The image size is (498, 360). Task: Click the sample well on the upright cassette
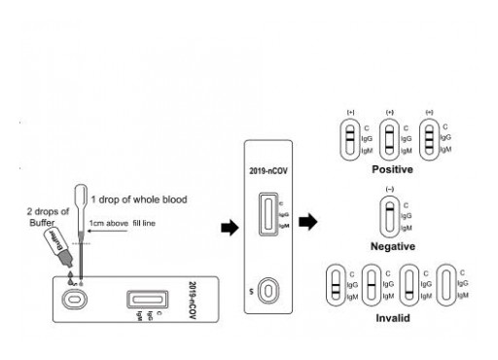276,290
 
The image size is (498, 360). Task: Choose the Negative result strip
389,217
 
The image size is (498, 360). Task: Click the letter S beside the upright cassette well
252,290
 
